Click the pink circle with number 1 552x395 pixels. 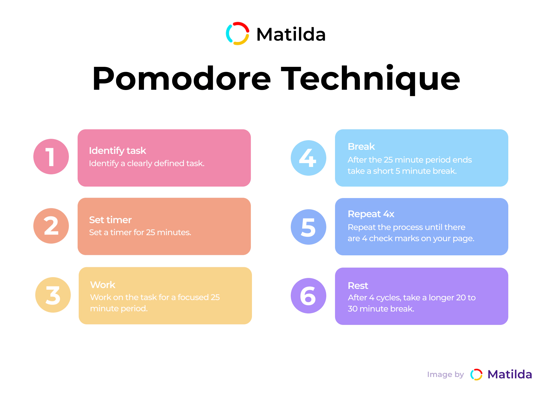point(51,157)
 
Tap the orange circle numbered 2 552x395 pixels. point(51,226)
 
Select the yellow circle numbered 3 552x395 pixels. point(53,295)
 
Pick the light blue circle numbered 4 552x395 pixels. point(309,158)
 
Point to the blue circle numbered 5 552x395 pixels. point(309,227)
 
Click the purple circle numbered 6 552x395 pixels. point(309,296)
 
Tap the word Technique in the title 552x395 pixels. point(371,80)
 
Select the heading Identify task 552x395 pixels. point(118,151)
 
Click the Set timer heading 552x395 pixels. point(110,220)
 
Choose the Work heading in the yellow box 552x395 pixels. point(103,285)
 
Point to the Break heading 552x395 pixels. point(361,146)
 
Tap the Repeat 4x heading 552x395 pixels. point(371,214)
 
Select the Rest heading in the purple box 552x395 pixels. point(358,286)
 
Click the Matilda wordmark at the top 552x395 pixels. point(291,34)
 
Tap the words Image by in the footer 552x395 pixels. point(445,375)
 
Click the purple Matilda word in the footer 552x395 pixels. point(510,374)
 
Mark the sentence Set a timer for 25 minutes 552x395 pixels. point(140,232)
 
